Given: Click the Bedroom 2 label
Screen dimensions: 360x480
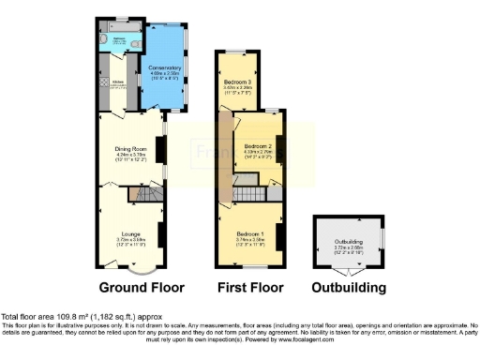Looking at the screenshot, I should tap(257, 148).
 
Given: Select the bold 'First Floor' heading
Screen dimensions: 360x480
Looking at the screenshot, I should tap(249, 288).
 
